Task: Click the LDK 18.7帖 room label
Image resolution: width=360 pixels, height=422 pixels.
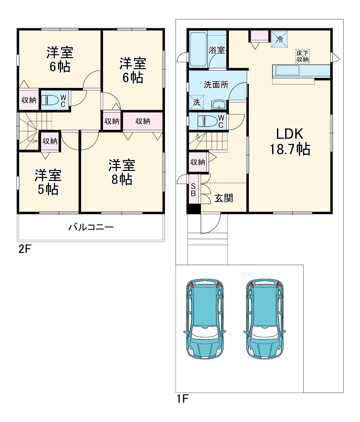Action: [x=290, y=142]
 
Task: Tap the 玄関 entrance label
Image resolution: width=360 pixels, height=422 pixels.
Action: [x=224, y=198]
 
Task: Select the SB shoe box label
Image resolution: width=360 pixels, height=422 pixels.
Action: [x=193, y=190]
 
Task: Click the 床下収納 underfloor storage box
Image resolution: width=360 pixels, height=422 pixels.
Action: [x=302, y=56]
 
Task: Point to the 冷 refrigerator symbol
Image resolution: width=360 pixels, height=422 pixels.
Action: [x=279, y=39]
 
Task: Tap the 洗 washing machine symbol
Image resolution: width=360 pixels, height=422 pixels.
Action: [x=196, y=102]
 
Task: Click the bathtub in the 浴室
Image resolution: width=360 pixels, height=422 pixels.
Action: [x=198, y=50]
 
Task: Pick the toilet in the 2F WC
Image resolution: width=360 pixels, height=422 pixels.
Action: [x=50, y=100]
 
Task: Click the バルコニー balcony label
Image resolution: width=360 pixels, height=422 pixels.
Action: [x=91, y=227]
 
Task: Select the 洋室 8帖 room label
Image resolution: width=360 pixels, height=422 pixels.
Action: [x=122, y=172]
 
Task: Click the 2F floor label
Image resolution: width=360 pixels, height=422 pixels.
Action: [x=25, y=249]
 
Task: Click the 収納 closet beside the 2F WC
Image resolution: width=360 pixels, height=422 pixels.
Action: [x=29, y=100]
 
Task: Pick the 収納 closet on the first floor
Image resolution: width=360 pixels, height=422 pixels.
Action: [x=198, y=162]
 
